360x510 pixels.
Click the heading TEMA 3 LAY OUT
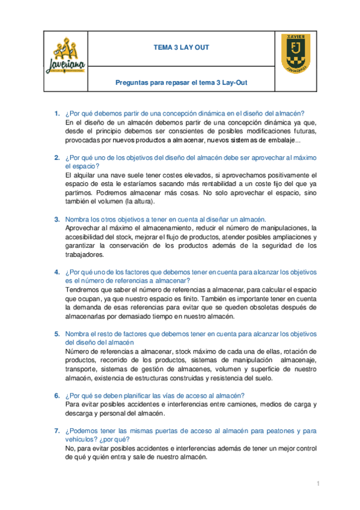(x=181, y=48)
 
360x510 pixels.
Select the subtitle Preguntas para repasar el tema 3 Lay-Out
(x=181, y=83)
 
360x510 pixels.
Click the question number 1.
(x=56, y=113)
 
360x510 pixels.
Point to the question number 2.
(x=56, y=157)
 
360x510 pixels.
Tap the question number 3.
(x=56, y=220)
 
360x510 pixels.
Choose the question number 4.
(x=56, y=271)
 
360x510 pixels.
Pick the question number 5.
(x=56, y=334)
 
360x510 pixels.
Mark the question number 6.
(x=56, y=396)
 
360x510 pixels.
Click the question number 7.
(x=56, y=431)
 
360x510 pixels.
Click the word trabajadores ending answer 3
(x=87, y=254)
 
